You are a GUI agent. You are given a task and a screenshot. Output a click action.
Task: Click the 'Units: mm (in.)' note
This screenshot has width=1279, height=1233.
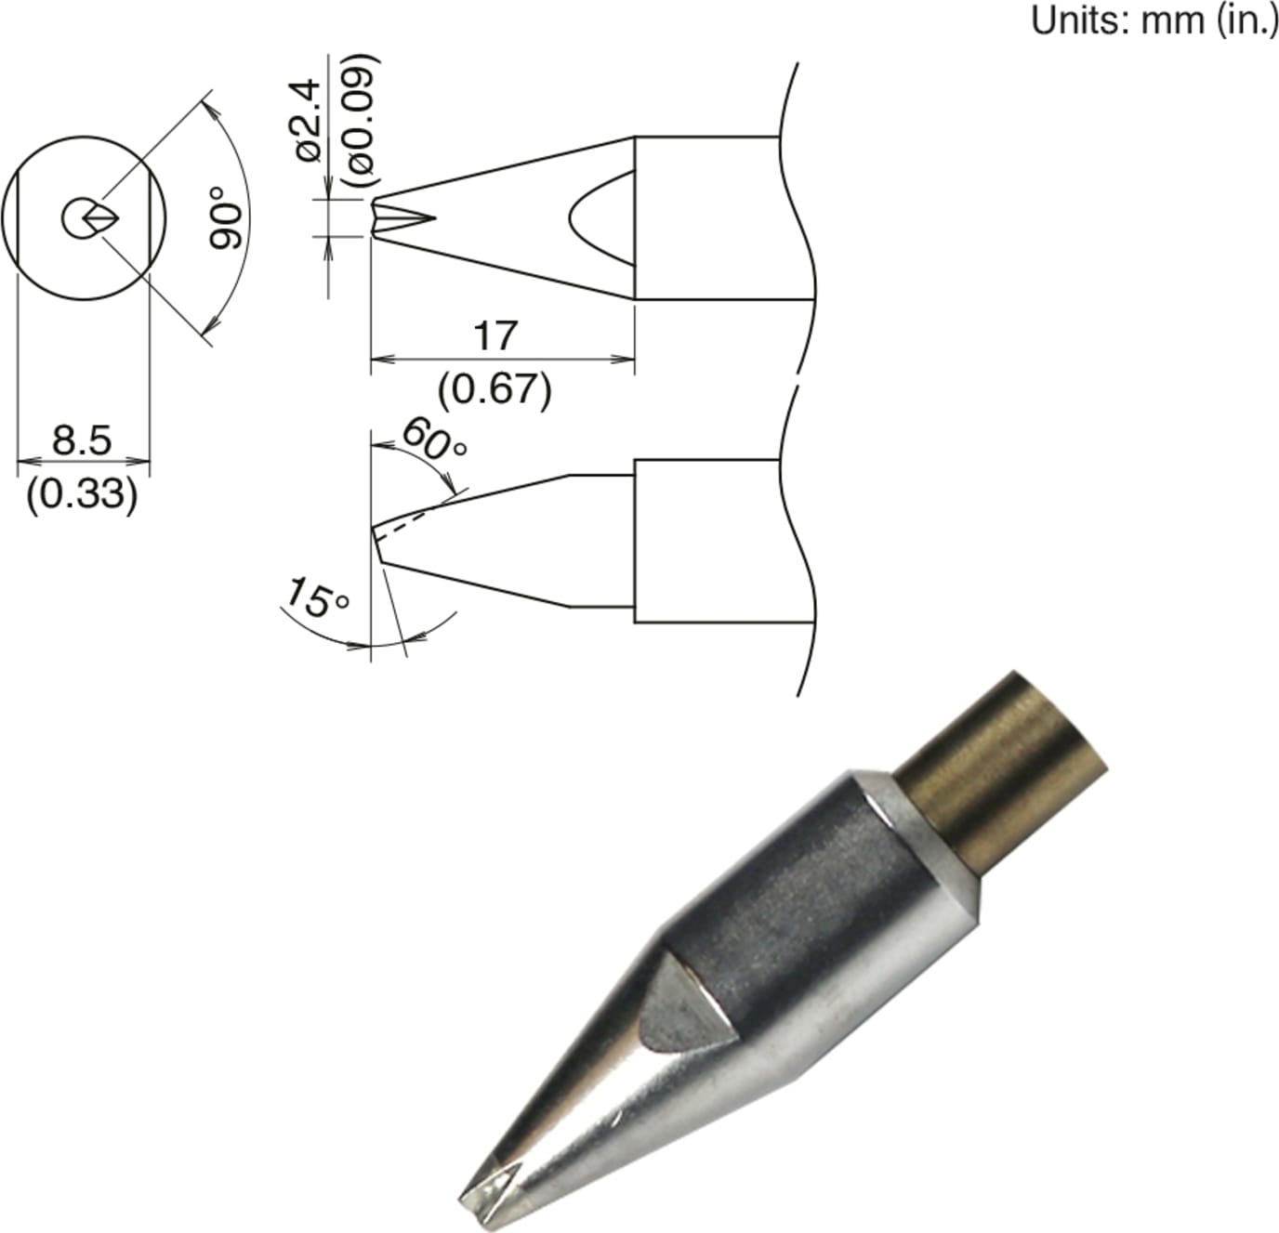click(x=1154, y=20)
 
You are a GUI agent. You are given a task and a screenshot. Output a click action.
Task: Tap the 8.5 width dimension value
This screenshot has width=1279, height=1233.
click(x=82, y=439)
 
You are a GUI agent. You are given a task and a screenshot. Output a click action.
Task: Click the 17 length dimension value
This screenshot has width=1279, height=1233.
click(x=494, y=335)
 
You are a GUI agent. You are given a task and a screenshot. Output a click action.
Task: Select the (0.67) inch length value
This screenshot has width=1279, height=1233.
click(x=496, y=389)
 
